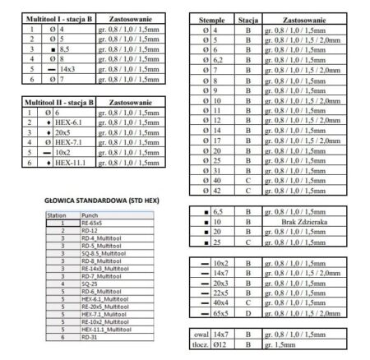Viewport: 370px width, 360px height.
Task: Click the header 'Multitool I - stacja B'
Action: click(x=60, y=16)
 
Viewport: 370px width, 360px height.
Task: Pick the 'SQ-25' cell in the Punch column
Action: click(x=90, y=283)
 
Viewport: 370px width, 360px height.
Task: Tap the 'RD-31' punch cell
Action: click(x=90, y=335)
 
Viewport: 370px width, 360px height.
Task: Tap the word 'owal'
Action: click(x=199, y=335)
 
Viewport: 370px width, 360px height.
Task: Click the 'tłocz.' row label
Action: click(x=199, y=345)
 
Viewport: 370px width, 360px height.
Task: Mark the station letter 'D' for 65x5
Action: click(x=247, y=313)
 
